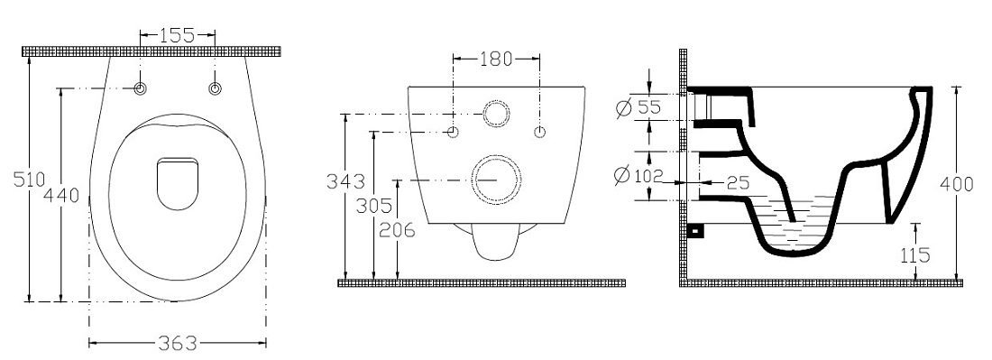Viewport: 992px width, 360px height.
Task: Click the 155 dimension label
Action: [x=177, y=35]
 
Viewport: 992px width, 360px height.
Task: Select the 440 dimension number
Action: [x=61, y=196]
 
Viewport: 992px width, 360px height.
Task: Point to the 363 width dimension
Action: [x=177, y=344]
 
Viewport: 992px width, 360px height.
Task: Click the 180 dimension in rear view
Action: [x=496, y=59]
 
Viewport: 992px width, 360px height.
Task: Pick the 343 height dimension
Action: [x=345, y=181]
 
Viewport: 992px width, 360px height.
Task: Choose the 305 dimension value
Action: [x=374, y=206]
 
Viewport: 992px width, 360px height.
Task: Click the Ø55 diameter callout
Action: [x=638, y=107]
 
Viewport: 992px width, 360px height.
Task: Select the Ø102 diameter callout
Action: [x=638, y=175]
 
